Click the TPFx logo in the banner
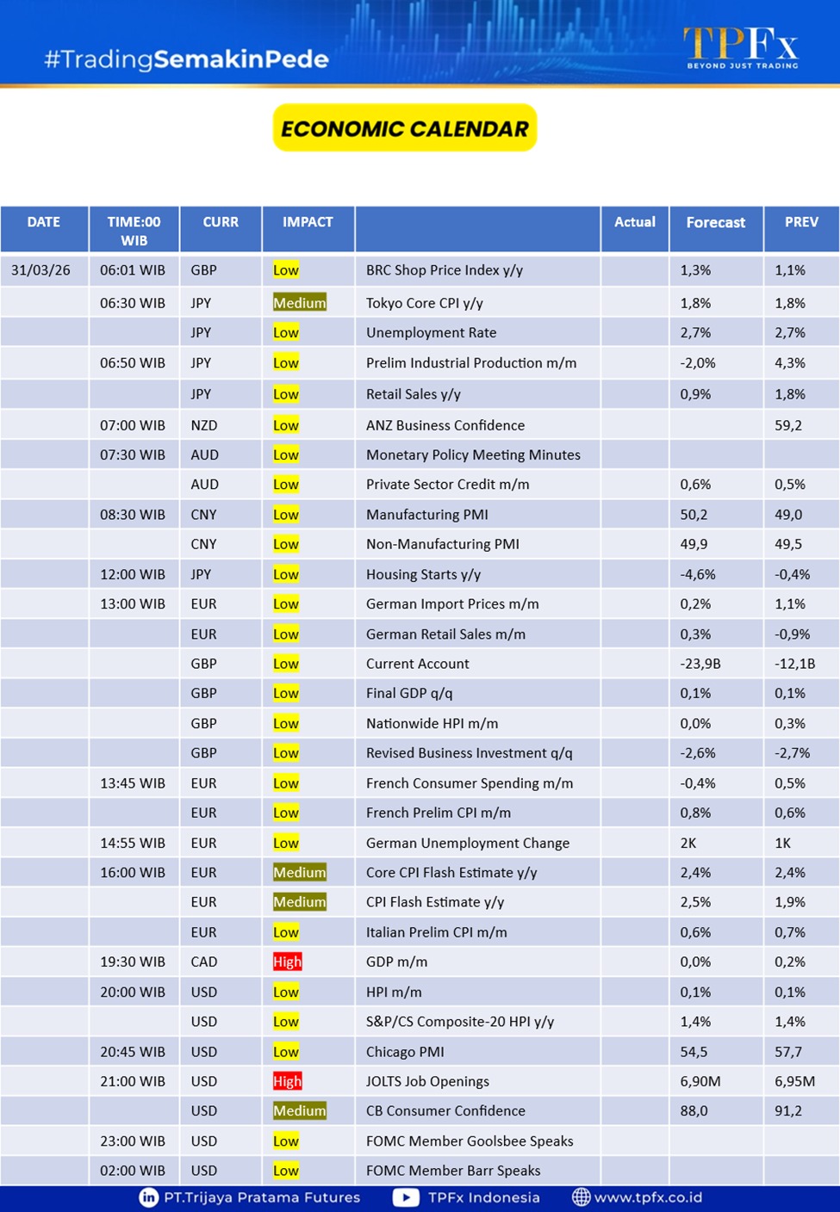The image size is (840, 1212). pyautogui.click(x=742, y=47)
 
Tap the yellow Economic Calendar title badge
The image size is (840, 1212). pyautogui.click(x=405, y=128)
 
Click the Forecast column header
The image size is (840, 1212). pyautogui.click(x=715, y=222)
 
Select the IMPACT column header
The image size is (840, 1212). pyautogui.click(x=308, y=222)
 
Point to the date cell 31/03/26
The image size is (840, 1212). pyautogui.click(x=41, y=270)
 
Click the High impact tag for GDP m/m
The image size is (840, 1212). pyautogui.click(x=288, y=962)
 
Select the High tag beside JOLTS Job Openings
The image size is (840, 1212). pyautogui.click(x=288, y=1081)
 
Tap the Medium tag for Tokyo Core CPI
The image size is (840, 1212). pyautogui.click(x=300, y=303)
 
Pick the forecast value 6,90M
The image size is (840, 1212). pyautogui.click(x=700, y=1081)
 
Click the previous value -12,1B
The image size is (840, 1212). pyautogui.click(x=794, y=664)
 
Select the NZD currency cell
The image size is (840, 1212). pyautogui.click(x=204, y=425)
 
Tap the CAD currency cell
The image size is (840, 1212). pyautogui.click(x=204, y=962)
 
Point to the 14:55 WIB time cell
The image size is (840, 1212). pyautogui.click(x=133, y=843)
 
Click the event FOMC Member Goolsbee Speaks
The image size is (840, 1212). pyautogui.click(x=470, y=1141)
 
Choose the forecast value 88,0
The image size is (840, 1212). pyautogui.click(x=694, y=1110)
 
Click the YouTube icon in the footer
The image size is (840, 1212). pyautogui.click(x=406, y=1197)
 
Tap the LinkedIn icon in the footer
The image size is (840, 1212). pyautogui.click(x=149, y=1197)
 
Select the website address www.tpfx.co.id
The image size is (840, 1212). pyautogui.click(x=648, y=1197)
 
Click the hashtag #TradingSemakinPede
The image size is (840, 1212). pyautogui.click(x=186, y=59)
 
